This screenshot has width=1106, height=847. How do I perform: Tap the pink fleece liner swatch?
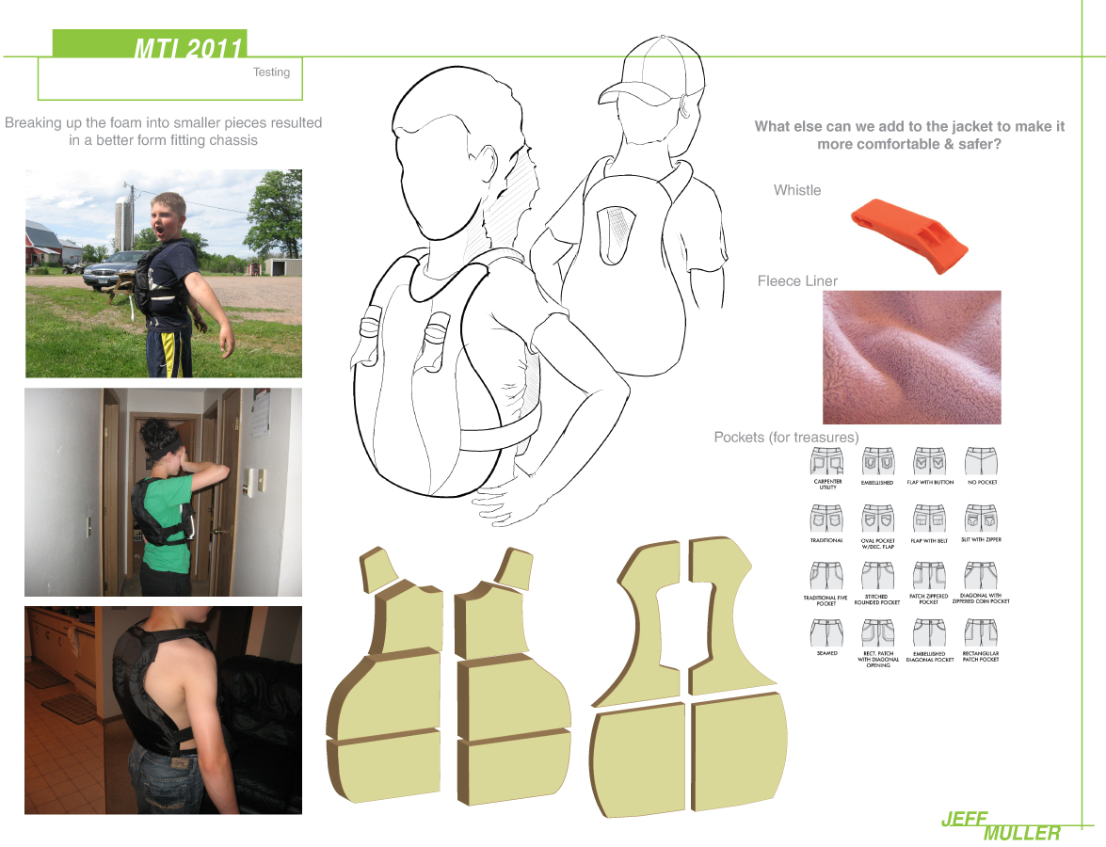point(911,357)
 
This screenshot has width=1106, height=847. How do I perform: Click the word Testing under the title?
point(271,72)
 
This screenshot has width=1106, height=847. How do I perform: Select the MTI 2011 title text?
point(188,48)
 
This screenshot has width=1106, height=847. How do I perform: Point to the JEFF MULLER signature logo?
point(1001,825)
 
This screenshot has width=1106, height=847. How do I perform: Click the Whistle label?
point(796,190)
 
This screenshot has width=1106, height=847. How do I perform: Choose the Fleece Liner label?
point(797,280)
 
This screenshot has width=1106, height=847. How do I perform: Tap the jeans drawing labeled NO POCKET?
point(980,461)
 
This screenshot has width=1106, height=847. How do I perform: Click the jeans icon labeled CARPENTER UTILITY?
point(827,461)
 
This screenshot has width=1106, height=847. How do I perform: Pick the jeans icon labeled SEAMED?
point(827,632)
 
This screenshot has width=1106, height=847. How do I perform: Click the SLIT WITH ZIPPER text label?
point(981,541)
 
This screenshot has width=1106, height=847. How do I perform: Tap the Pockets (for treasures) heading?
point(786,438)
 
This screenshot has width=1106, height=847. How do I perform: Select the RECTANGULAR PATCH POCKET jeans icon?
point(980,632)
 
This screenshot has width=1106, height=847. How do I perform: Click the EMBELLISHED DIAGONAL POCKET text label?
point(929,658)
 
